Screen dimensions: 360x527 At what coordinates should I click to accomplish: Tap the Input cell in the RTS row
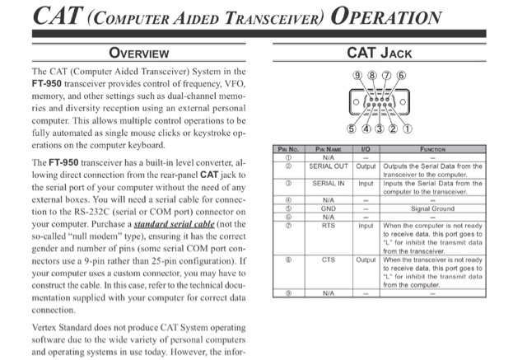tap(366, 224)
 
